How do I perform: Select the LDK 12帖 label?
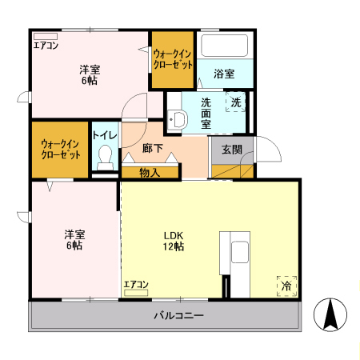[x=174, y=241]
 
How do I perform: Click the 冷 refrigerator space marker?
[x=286, y=285]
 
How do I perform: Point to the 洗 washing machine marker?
[x=236, y=102]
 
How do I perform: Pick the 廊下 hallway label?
[x=153, y=150]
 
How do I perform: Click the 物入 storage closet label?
[x=149, y=171]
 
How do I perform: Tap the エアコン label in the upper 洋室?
[x=46, y=46]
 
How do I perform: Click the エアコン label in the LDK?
[x=136, y=284]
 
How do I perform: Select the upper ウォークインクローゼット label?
[x=173, y=58]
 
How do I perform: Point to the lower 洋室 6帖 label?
[x=74, y=240]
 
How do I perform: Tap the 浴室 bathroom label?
[x=224, y=74]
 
